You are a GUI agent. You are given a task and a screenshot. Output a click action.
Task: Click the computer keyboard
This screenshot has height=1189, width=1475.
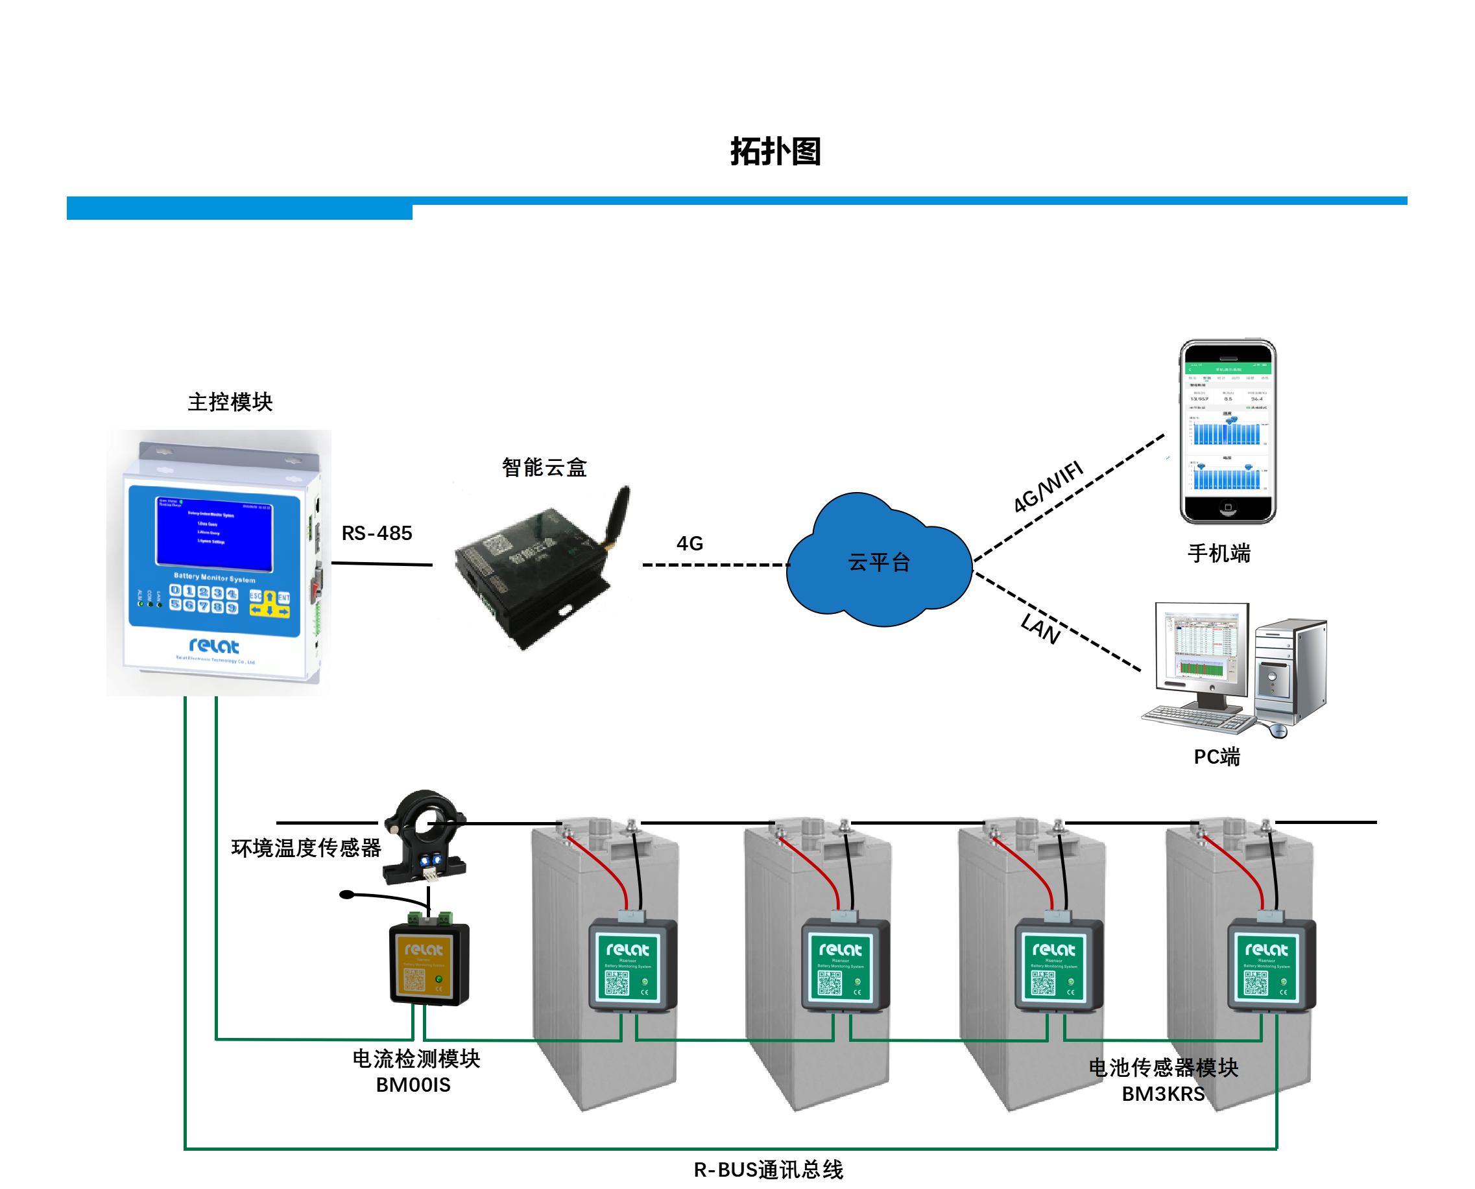point(1195,719)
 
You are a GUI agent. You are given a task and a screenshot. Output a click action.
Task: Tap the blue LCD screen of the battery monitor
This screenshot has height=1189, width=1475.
point(214,533)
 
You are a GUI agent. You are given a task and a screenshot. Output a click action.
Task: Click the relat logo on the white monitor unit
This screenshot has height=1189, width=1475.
point(214,645)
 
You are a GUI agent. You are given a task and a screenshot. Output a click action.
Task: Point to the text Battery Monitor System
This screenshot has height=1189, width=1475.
point(215,578)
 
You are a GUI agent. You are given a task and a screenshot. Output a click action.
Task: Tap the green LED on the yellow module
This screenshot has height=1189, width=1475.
point(439,980)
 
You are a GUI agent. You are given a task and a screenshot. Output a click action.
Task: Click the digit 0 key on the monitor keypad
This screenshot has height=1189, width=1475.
point(175,591)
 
